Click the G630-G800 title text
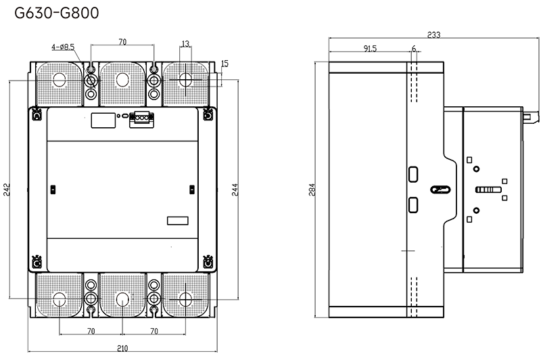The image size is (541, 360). [57, 13]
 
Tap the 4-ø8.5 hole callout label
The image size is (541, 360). [63, 47]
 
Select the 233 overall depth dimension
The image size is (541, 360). [433, 35]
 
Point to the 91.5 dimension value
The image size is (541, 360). [369, 49]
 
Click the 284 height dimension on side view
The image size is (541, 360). [312, 189]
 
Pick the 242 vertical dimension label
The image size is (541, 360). [7, 189]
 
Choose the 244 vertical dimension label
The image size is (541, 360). [235, 189]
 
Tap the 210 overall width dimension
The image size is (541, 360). [122, 348]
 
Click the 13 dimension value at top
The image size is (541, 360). [185, 44]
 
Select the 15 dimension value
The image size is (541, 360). [225, 64]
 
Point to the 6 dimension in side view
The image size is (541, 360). [414, 49]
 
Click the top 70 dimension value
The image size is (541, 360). [122, 42]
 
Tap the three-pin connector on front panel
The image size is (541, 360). [141, 118]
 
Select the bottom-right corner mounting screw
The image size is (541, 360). [208, 263]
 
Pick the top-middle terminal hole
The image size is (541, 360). [122, 80]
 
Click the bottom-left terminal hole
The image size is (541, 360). [60, 299]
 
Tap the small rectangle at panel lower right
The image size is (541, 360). [178, 221]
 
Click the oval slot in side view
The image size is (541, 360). [441, 189]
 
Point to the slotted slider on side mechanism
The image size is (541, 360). [488, 189]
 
